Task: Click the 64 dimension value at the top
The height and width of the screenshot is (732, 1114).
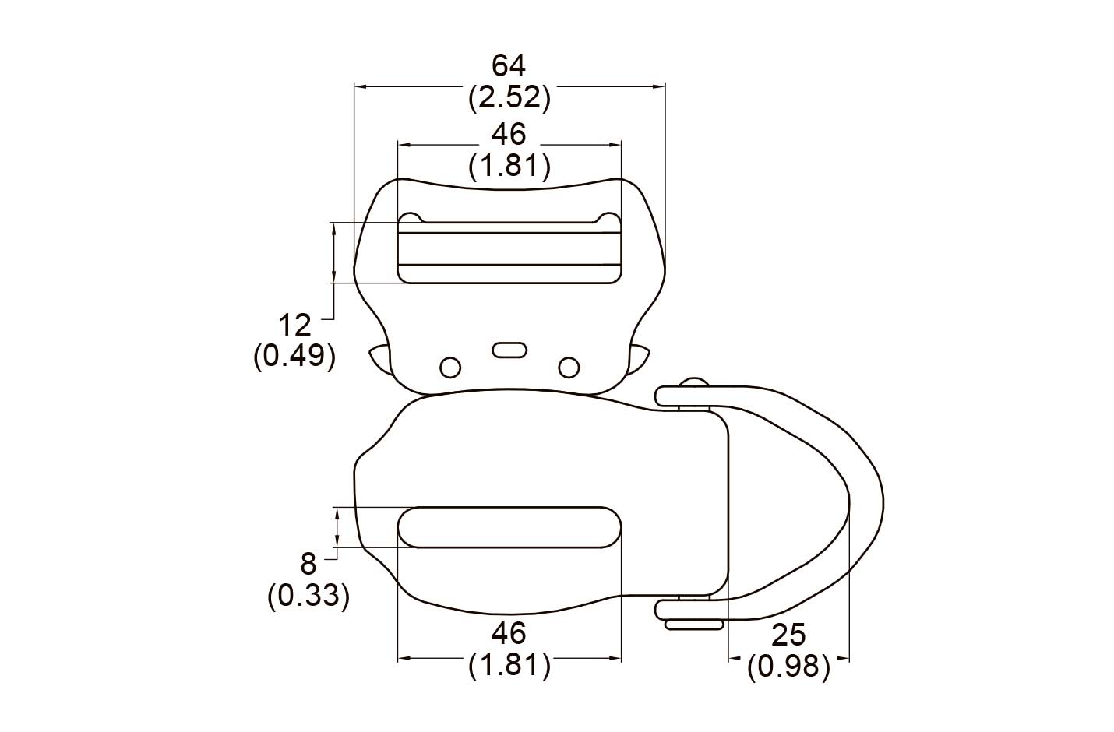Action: point(508,66)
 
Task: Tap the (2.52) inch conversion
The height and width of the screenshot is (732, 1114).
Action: point(509,97)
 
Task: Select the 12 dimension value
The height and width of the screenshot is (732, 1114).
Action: point(294,326)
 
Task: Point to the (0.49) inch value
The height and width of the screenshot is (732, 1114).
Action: point(294,357)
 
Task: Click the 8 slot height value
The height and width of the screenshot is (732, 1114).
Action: point(308,565)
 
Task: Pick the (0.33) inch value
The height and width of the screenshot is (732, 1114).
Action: point(308,595)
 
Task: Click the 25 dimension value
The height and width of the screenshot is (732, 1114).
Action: point(788,635)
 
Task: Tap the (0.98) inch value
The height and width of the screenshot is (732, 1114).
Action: point(788,667)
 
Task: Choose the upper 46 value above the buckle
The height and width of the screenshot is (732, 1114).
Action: point(508,135)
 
